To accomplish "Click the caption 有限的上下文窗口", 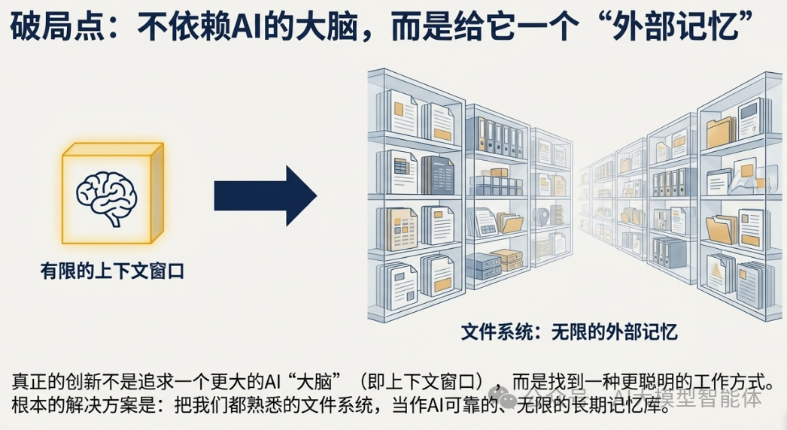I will [x=112, y=271].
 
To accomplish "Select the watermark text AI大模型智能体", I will [x=688, y=396].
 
